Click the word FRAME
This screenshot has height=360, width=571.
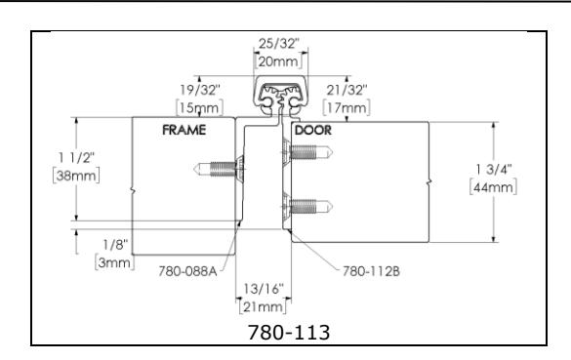pos(184,130)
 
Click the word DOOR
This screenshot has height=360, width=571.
pos(313,130)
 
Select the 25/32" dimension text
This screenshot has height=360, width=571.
pos(278,44)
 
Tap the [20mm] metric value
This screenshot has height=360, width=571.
pos(278,61)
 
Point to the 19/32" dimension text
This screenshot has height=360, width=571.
pos(200,90)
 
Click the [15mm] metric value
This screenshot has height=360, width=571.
pos(199,107)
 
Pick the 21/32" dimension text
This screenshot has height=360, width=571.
pos(347,90)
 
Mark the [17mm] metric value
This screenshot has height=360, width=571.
pos(347,107)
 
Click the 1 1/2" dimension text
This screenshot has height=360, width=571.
pos(76,158)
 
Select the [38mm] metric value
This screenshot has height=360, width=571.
pos(76,176)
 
